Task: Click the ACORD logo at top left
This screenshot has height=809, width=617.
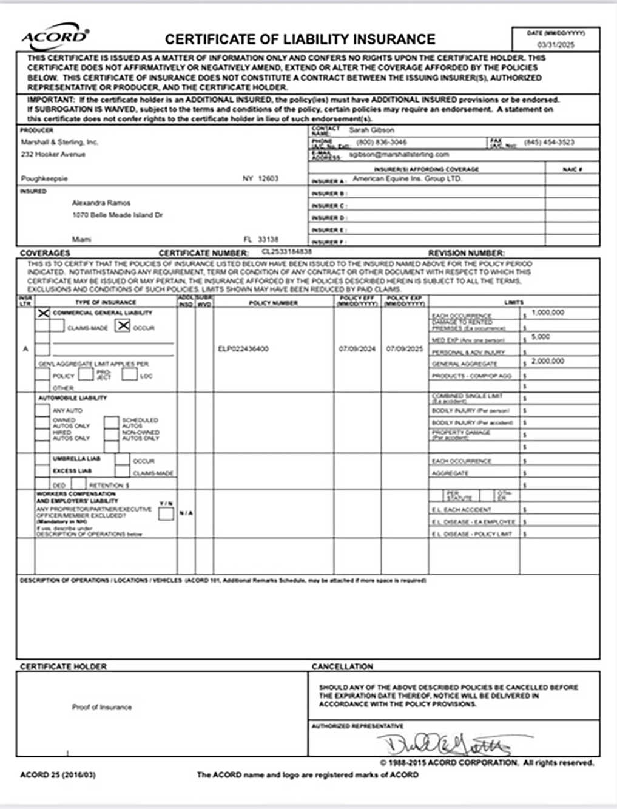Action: [55, 38]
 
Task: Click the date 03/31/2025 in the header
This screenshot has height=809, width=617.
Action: [556, 45]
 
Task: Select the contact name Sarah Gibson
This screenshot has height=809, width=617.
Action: [371, 130]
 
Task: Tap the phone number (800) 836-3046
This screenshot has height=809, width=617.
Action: [382, 142]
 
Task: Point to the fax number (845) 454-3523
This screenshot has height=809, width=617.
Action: [549, 142]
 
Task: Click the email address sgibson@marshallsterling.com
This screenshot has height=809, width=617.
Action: [399, 155]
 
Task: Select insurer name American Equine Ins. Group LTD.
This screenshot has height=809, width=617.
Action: [407, 179]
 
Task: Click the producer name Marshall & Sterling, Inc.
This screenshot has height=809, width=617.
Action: [59, 142]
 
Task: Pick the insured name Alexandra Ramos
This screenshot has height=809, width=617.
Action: [101, 203]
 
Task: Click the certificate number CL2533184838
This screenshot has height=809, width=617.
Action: [287, 251]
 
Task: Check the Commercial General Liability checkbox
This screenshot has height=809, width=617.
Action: [43, 313]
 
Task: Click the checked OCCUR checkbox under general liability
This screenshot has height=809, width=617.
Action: [123, 326]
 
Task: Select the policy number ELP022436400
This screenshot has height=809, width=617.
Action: [243, 349]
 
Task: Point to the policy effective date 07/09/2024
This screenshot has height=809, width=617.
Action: [357, 349]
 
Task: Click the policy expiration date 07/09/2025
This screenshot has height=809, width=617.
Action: [404, 349]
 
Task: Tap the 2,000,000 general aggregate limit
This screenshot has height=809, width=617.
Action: [548, 361]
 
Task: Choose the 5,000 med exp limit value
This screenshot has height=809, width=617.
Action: [541, 337]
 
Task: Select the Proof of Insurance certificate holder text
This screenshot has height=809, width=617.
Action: [101, 707]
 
